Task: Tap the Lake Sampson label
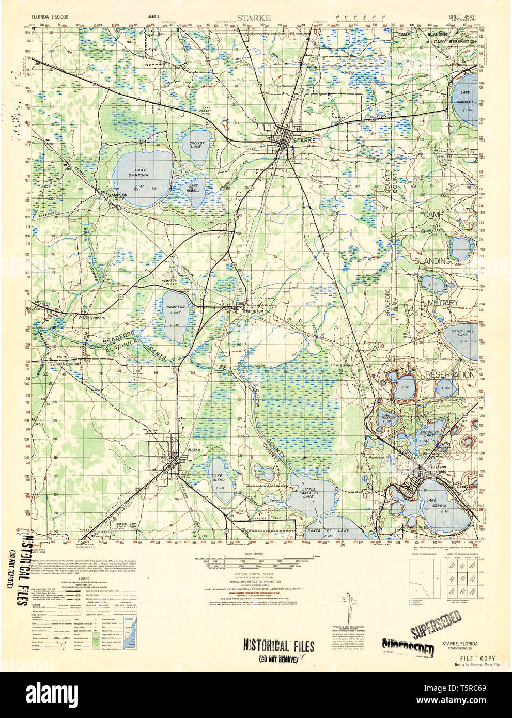click(141, 173)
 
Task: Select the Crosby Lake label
click(197, 145)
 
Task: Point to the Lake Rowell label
click(193, 188)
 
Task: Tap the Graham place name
click(97, 318)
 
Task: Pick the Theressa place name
click(340, 365)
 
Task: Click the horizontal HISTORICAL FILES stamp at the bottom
click(278, 646)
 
